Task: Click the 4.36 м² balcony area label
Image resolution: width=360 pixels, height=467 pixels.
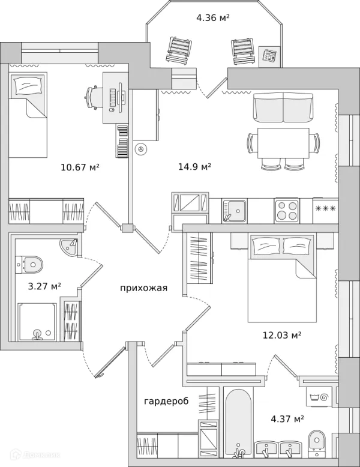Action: click(212, 18)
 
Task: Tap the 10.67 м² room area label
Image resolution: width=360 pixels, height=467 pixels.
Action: click(80, 167)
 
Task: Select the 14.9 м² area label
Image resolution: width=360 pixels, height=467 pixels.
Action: click(195, 166)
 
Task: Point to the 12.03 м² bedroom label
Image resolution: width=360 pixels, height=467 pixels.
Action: click(282, 336)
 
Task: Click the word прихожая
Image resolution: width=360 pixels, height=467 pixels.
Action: click(144, 288)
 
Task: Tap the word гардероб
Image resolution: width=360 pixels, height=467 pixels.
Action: click(166, 401)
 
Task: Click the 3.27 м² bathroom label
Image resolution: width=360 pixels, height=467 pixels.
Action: click(44, 286)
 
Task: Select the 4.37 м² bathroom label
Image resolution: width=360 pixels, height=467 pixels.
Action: click(287, 419)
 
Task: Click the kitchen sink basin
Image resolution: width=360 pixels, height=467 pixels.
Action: click(234, 211)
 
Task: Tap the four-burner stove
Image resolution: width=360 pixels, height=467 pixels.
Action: click(287, 211)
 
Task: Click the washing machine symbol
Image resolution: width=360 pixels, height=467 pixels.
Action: click(319, 397)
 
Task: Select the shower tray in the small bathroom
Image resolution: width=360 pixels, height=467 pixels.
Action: click(37, 322)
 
